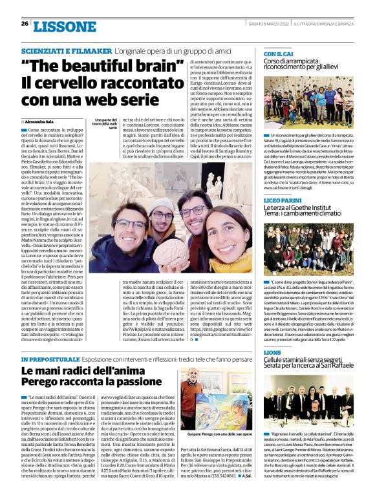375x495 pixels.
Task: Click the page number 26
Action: coord(24,24)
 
